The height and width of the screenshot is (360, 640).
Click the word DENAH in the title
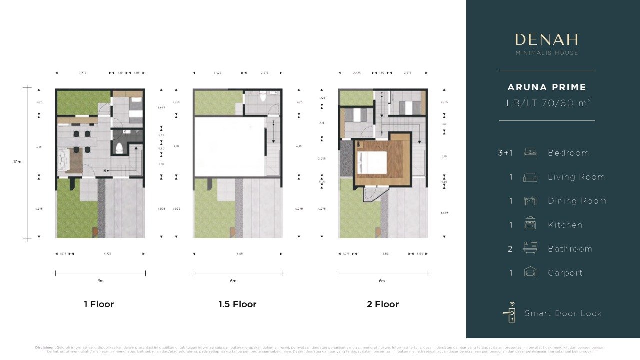[x=547, y=40]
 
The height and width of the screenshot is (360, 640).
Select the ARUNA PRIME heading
[x=547, y=87]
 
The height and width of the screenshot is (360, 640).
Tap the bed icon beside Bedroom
[x=530, y=152]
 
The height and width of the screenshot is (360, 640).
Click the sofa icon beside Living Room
[x=530, y=177]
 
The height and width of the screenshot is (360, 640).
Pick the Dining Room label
[x=577, y=201]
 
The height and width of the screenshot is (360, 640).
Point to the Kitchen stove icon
[x=530, y=224]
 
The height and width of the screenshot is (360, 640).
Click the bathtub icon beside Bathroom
[x=530, y=248]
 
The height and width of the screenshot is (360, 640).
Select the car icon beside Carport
[x=530, y=272]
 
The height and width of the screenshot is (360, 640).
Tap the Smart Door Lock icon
[x=509, y=312]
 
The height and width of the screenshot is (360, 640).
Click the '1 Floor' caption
[x=99, y=304]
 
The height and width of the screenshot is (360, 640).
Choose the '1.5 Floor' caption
[x=237, y=304]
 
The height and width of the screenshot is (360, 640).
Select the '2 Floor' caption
[x=383, y=304]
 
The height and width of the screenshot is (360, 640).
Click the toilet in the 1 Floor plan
[x=119, y=148]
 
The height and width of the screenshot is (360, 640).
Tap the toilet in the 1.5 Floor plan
[x=263, y=97]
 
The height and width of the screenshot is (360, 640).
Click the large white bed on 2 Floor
[x=373, y=163]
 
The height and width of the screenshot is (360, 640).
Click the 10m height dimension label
[x=17, y=162]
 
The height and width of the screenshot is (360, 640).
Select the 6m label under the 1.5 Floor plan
[x=233, y=281]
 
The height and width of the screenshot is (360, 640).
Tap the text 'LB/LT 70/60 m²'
[x=547, y=103]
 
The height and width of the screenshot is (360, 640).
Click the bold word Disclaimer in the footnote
[x=44, y=347]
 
